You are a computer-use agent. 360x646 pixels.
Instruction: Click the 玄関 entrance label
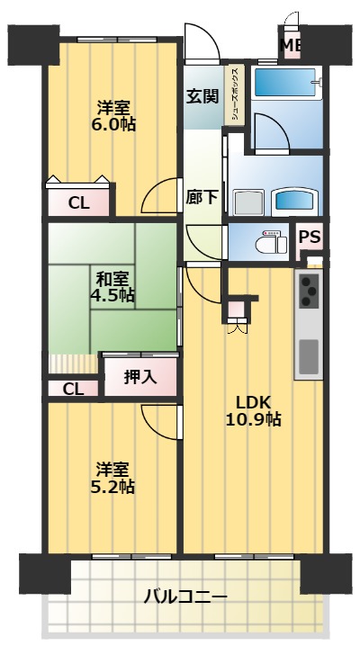click(x=203, y=95)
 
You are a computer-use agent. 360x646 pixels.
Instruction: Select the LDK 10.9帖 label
click(x=254, y=409)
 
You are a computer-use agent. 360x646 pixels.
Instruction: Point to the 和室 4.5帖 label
click(x=112, y=286)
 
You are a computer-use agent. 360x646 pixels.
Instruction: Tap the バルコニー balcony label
click(x=185, y=596)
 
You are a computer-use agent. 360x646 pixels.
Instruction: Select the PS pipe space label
click(x=310, y=238)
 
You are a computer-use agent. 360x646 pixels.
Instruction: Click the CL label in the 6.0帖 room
click(x=79, y=203)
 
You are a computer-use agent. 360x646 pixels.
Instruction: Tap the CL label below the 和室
click(x=74, y=390)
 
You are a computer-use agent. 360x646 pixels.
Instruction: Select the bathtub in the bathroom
click(x=283, y=86)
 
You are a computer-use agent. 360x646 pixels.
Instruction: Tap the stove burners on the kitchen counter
click(x=309, y=291)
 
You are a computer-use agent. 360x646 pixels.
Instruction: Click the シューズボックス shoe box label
click(x=234, y=95)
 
